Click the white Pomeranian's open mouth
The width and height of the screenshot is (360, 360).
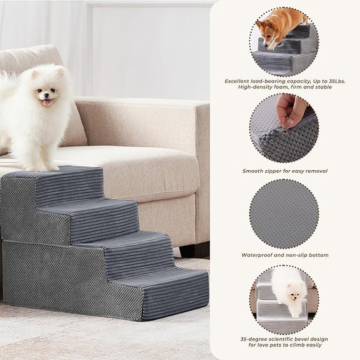click(x=46, y=102)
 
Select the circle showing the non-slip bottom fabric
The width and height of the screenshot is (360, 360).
click(x=284, y=213)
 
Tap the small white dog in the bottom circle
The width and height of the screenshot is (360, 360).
click(x=288, y=291)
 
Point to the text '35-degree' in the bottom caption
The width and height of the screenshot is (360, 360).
click(x=255, y=339)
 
